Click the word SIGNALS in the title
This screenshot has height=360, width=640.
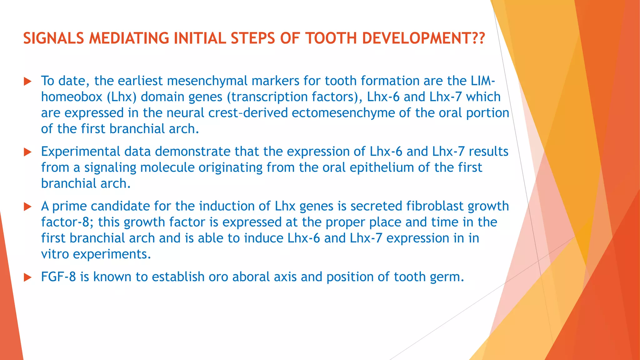pyautogui.click(x=53, y=38)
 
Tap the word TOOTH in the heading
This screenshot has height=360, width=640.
pyautogui.click(x=331, y=38)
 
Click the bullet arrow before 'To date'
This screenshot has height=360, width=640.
pyautogui.click(x=28, y=82)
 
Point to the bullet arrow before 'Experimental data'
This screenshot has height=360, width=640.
pyautogui.click(x=28, y=152)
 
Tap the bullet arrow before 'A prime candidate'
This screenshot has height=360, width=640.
pyautogui.click(x=28, y=207)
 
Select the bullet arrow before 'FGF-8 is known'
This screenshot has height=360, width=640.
pyautogui.click(x=28, y=277)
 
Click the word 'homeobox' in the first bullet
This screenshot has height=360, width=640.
pyautogui.click(x=72, y=97)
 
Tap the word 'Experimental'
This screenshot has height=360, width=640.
pyautogui.click(x=81, y=152)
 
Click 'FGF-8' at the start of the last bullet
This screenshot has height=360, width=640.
pyautogui.click(x=58, y=277)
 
